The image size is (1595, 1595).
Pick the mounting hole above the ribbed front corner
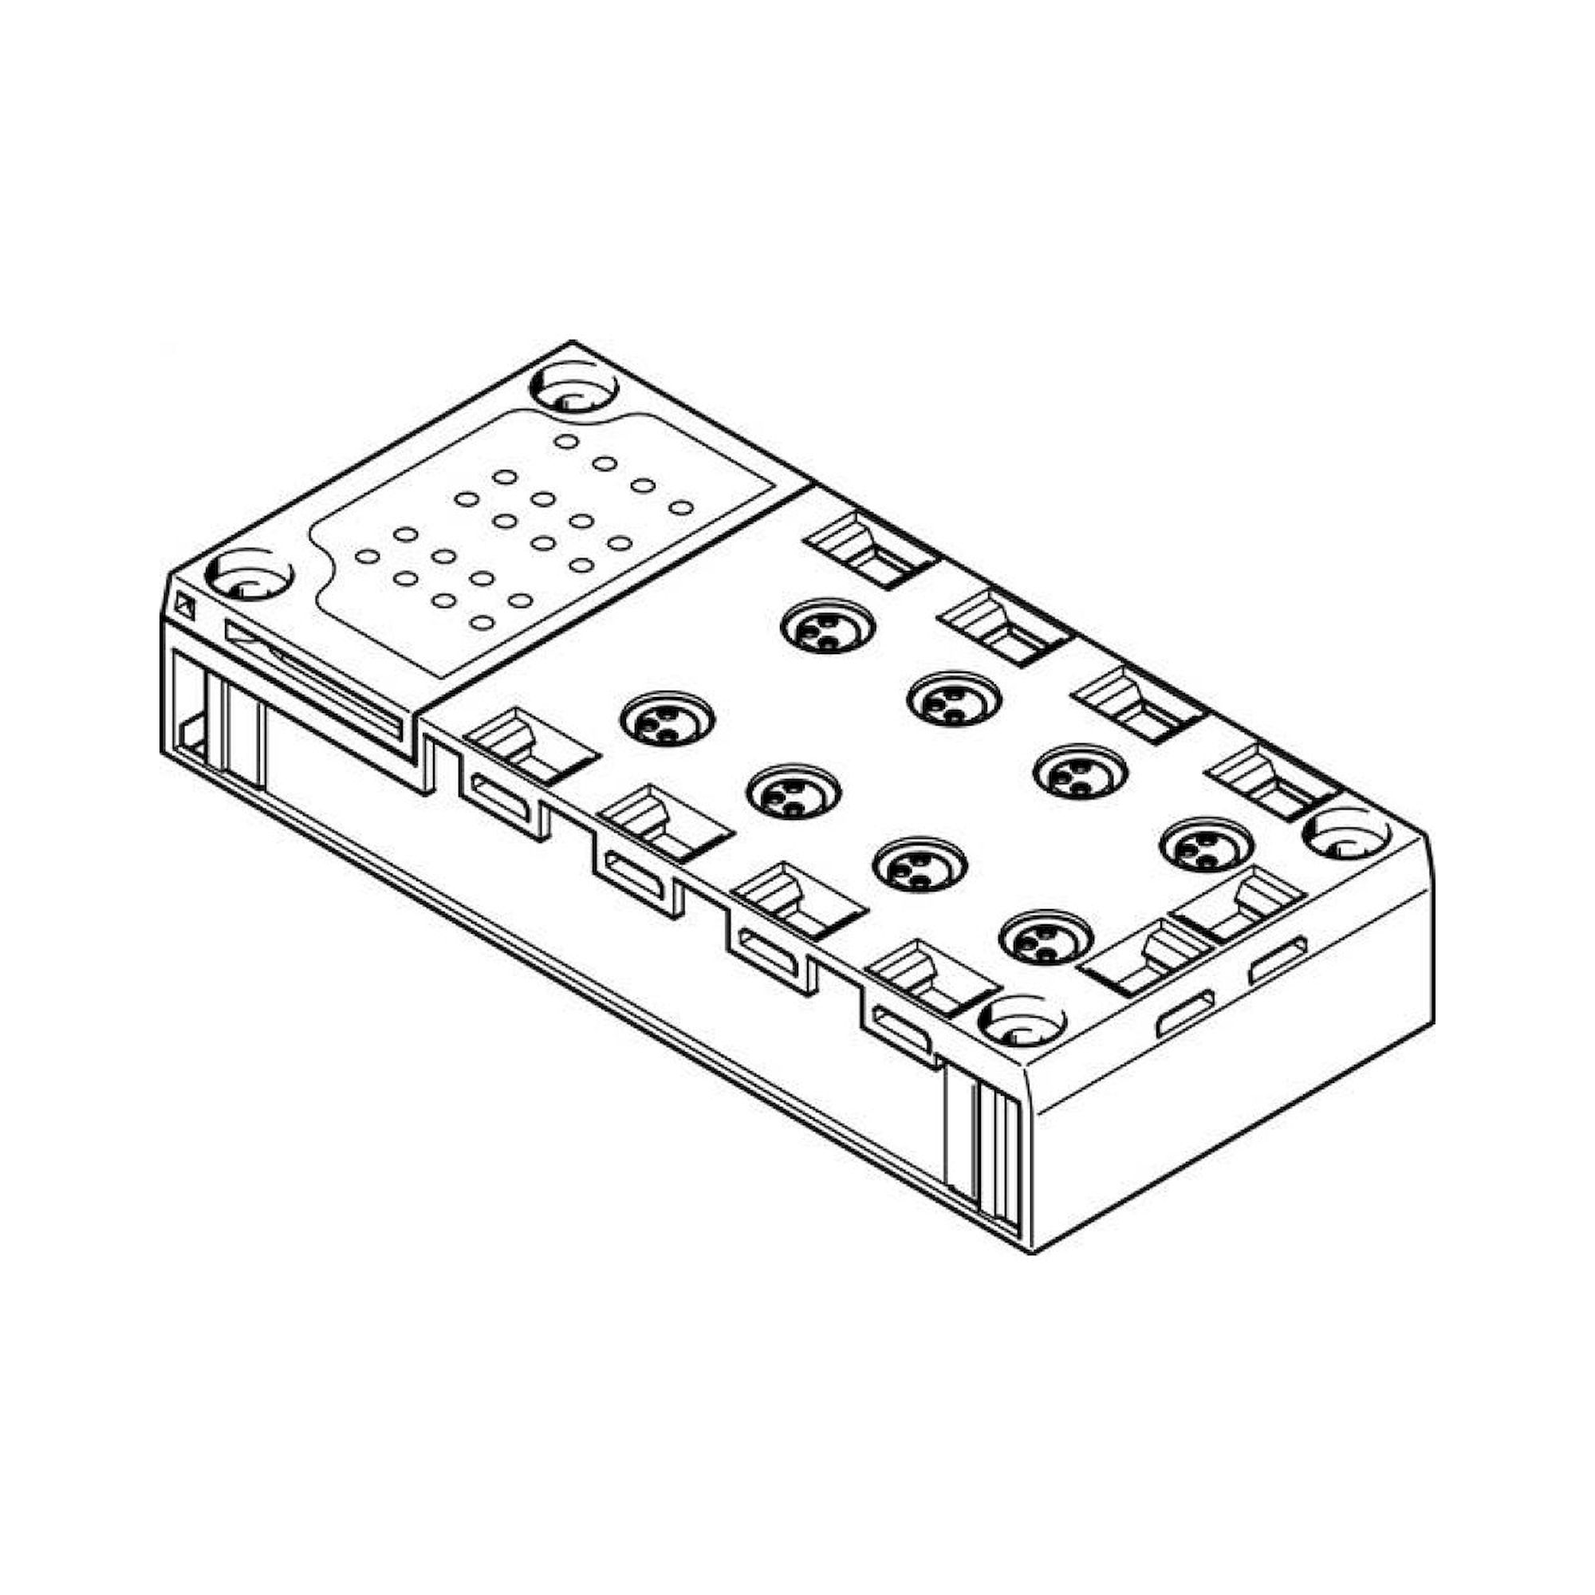click(x=1022, y=1021)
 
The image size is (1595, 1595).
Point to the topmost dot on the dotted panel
click(x=565, y=441)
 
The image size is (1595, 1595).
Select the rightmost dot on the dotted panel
click(x=680, y=507)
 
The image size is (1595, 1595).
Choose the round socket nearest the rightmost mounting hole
click(x=1207, y=844)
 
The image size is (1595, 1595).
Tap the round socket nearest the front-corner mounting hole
click(x=1046, y=938)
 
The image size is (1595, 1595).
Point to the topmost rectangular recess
click(x=872, y=548)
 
